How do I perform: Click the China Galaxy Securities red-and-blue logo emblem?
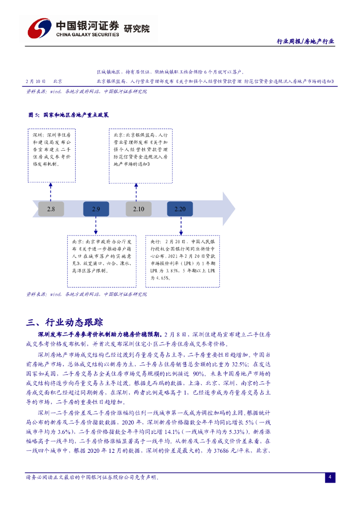(x=40, y=28)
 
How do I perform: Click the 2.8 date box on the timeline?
(x=51, y=209)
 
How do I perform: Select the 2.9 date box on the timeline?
(x=96, y=209)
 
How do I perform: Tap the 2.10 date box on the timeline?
(x=138, y=209)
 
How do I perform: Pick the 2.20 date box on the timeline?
(x=180, y=209)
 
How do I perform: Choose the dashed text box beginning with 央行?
(x=182, y=260)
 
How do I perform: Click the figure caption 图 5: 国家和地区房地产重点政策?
(x=68, y=115)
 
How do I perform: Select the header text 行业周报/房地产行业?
(x=305, y=42)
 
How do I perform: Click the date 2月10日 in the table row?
(x=36, y=81)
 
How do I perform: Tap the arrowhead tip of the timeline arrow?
(x=234, y=209)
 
